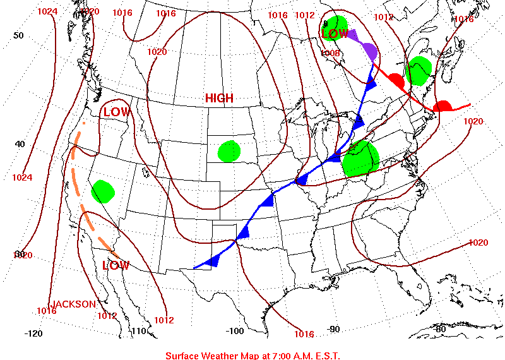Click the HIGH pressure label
[219, 99]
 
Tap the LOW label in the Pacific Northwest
[117, 112]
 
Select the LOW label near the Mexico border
[116, 265]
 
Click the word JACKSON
[73, 304]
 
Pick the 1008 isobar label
[331, 54]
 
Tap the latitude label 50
[19, 35]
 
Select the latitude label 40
[20, 144]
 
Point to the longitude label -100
[235, 331]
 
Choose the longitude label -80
[440, 329]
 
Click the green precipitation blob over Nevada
[102, 191]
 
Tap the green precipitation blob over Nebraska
[229, 151]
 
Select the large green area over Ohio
[360, 159]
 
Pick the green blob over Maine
[419, 69]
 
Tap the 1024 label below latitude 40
[21, 177]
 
